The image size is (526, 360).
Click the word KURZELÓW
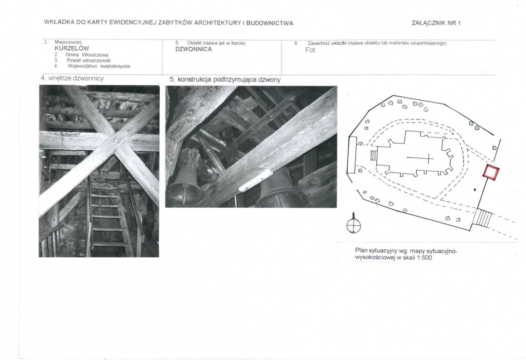72,48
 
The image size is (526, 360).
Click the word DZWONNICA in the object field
194,49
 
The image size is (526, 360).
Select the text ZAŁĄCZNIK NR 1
436,23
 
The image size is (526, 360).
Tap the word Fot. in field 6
311,50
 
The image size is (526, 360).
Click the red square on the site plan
491,173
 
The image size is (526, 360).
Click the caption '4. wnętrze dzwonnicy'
72,78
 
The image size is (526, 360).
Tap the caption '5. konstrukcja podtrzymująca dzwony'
225,79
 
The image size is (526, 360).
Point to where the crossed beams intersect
115,141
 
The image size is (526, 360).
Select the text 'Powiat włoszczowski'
89,61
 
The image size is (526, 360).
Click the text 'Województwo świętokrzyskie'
99,66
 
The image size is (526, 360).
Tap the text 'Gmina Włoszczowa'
87,55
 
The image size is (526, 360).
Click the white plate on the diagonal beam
255,180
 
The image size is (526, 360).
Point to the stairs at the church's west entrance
374,156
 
